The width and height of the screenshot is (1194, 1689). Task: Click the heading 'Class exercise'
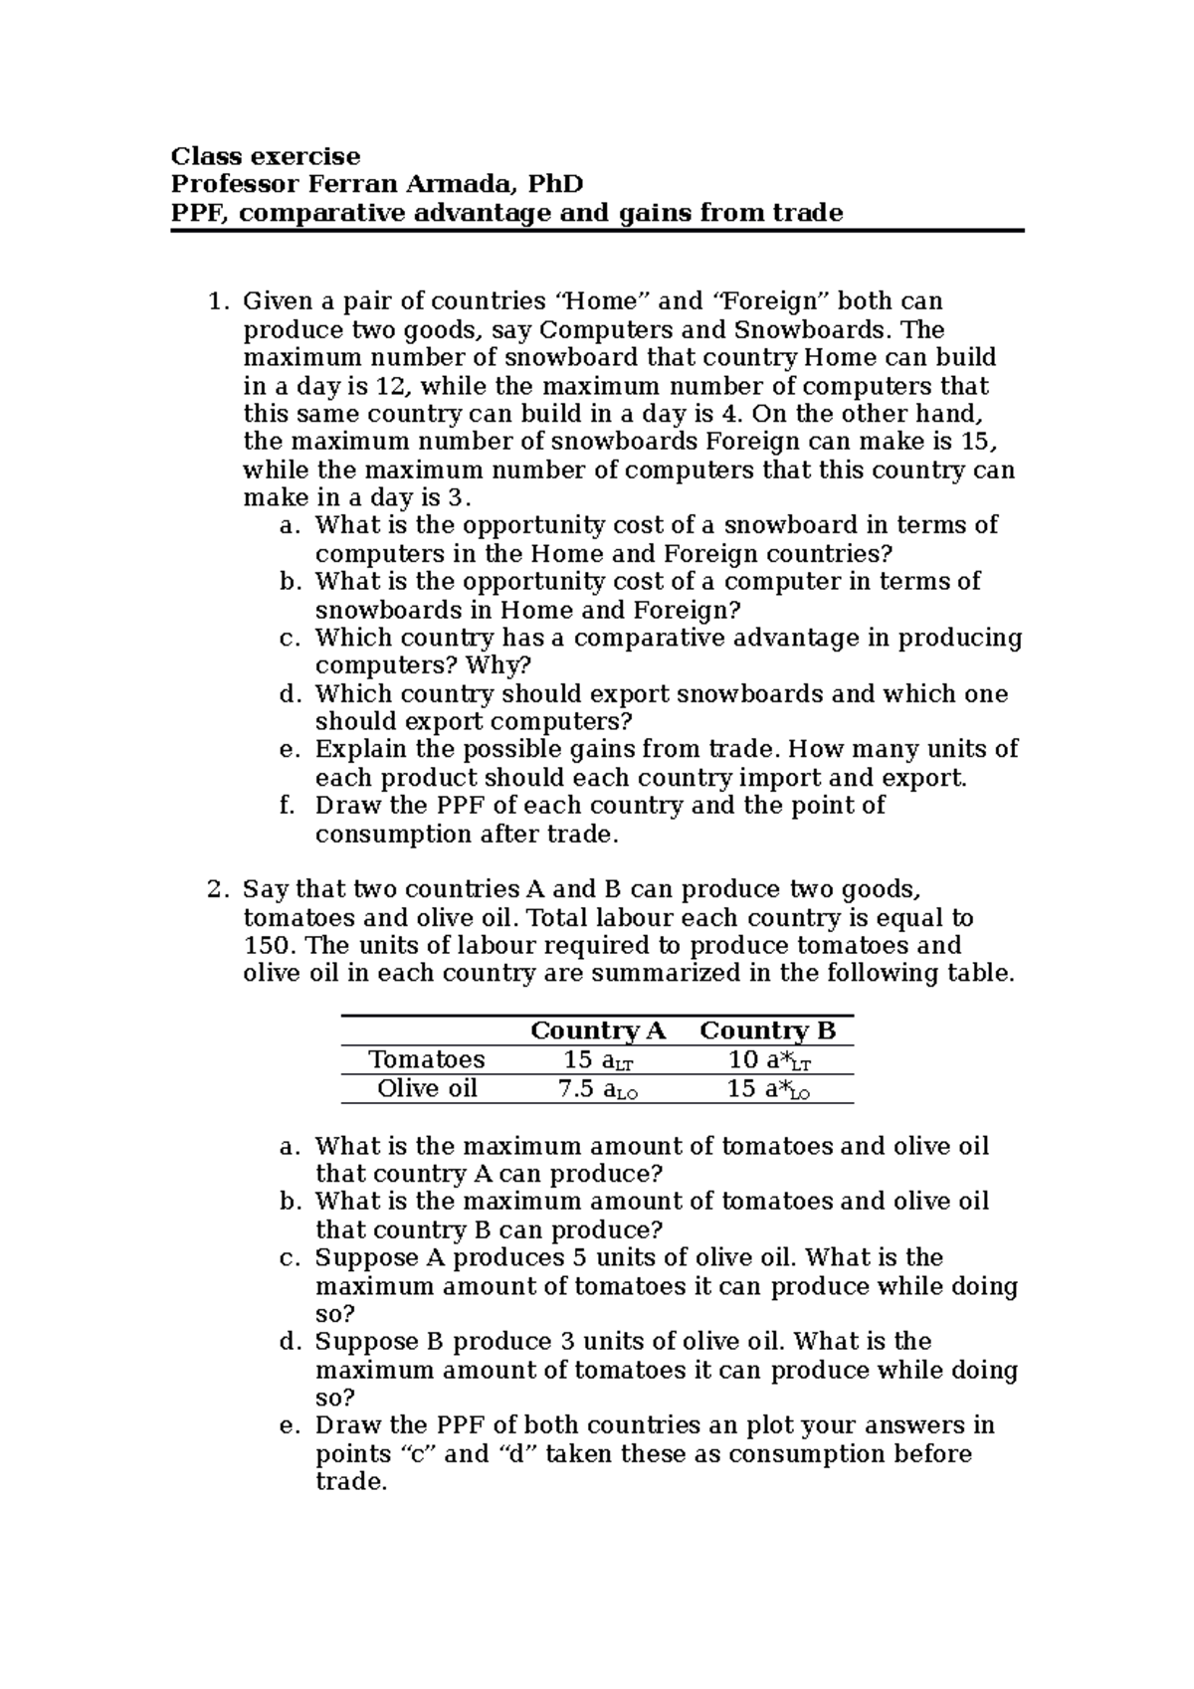point(266,156)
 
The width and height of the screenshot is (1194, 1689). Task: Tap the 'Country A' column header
point(597,1031)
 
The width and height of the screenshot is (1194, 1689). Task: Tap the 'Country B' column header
point(767,1031)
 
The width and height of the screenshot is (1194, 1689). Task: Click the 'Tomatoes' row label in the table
point(426,1059)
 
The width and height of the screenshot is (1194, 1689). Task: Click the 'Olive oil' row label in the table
point(427,1088)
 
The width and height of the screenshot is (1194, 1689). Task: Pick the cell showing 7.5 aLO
point(597,1089)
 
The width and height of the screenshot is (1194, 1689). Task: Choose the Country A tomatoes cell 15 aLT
point(597,1060)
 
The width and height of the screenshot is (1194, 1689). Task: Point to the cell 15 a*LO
point(768,1089)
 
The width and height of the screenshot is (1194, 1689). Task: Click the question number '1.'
point(218,300)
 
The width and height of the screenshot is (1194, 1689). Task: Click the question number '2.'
point(218,889)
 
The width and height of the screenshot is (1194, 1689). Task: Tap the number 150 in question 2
point(264,945)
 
